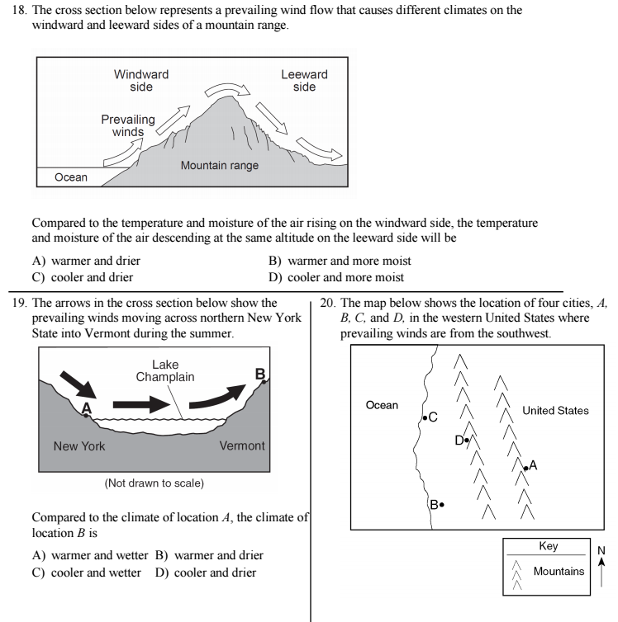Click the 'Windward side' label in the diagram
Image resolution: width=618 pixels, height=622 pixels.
pos(141,81)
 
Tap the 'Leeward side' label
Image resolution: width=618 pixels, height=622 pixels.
pos(304,81)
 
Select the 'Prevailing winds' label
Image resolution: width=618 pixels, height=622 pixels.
pos(128,125)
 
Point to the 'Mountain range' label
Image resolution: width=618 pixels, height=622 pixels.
pos(220,166)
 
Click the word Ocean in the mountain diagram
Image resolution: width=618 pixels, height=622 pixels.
pos(71,177)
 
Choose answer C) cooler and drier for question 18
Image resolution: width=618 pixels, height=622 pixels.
pos(82,277)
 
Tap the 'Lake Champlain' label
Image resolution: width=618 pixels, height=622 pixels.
pos(165,370)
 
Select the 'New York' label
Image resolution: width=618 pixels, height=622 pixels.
pos(79,445)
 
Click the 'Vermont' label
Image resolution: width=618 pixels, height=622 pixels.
pos(242,445)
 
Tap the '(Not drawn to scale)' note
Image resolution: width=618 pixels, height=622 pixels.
pos(154,483)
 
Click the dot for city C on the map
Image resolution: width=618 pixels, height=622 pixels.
pos(425,417)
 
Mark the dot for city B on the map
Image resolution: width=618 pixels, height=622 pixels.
pos(442,504)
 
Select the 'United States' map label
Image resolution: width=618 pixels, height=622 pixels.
pos(555,410)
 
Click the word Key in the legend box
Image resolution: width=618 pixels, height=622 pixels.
pos(548,546)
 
